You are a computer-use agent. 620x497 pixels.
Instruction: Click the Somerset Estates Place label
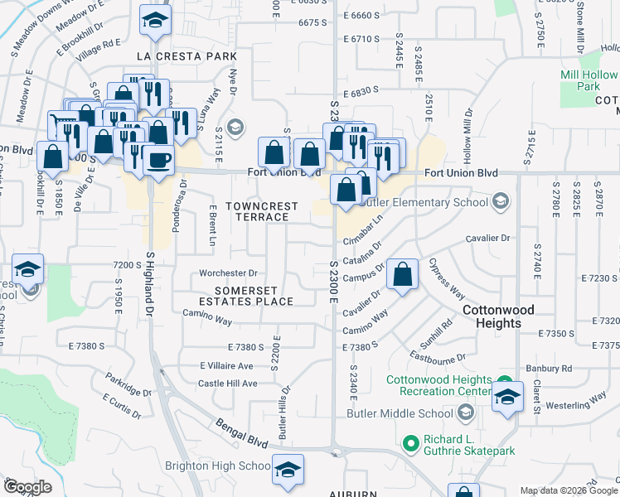[254, 296]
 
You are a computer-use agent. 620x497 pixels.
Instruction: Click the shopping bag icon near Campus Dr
[402, 275]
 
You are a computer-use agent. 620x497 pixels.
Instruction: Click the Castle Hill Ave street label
[228, 384]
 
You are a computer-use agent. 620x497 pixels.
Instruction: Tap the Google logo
[27, 487]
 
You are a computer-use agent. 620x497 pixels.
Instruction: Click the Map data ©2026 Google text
[568, 490]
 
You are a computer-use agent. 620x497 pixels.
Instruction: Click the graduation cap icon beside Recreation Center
[507, 396]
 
